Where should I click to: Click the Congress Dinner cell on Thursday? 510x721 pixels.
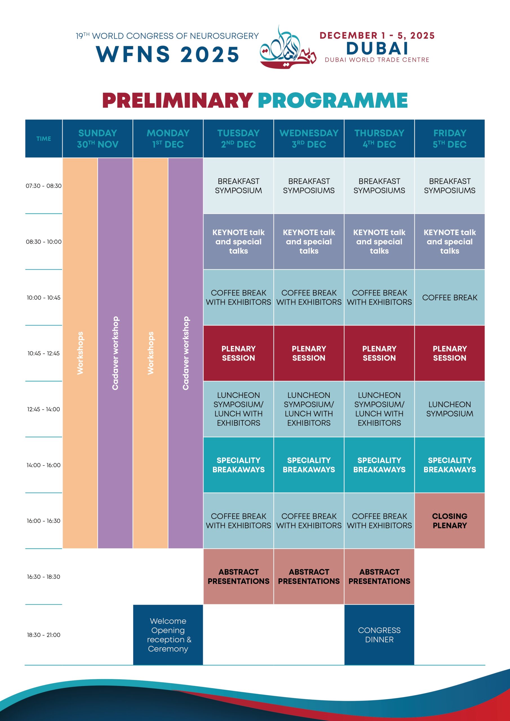point(379,635)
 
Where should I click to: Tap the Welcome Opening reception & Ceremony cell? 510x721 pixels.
point(168,635)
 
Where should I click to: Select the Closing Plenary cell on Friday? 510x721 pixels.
point(450,521)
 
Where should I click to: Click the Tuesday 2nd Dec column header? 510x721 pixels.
point(238,139)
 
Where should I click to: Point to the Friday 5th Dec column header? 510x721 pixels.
point(450,139)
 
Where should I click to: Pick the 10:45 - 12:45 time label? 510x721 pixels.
point(44,353)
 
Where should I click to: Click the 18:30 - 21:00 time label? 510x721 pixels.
point(44,635)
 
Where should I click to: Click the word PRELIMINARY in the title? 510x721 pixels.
point(177,101)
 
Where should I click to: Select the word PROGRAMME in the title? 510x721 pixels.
point(333,101)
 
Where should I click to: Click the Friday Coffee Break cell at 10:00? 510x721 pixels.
point(450,297)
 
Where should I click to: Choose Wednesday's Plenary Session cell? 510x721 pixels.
point(309,353)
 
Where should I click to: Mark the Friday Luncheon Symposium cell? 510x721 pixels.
point(450,409)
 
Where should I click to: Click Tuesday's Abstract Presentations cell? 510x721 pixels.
point(238,577)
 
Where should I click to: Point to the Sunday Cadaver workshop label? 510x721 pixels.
point(115,353)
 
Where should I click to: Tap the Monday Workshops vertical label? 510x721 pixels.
point(150,353)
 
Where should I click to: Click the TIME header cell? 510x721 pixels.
point(44,139)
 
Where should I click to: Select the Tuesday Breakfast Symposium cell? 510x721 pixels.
point(238,186)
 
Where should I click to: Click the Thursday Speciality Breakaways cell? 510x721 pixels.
point(379,465)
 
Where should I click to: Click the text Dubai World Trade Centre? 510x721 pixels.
point(377,60)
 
